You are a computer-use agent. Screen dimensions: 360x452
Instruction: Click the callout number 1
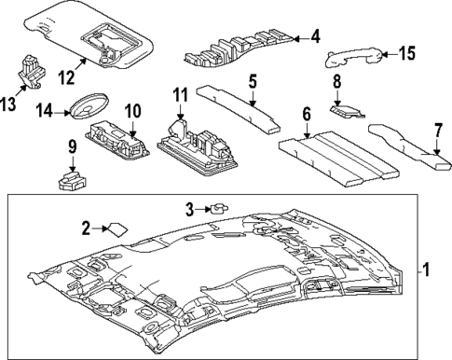click(424, 272)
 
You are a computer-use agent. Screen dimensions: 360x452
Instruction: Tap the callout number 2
click(85, 228)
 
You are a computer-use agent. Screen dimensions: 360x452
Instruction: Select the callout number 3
click(189, 208)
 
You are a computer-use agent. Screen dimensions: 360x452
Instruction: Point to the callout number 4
click(315, 38)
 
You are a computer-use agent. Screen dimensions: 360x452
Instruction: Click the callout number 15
click(405, 53)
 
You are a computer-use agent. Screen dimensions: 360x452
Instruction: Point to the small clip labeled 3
click(219, 208)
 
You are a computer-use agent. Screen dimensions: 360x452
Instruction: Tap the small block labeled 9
click(71, 179)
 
